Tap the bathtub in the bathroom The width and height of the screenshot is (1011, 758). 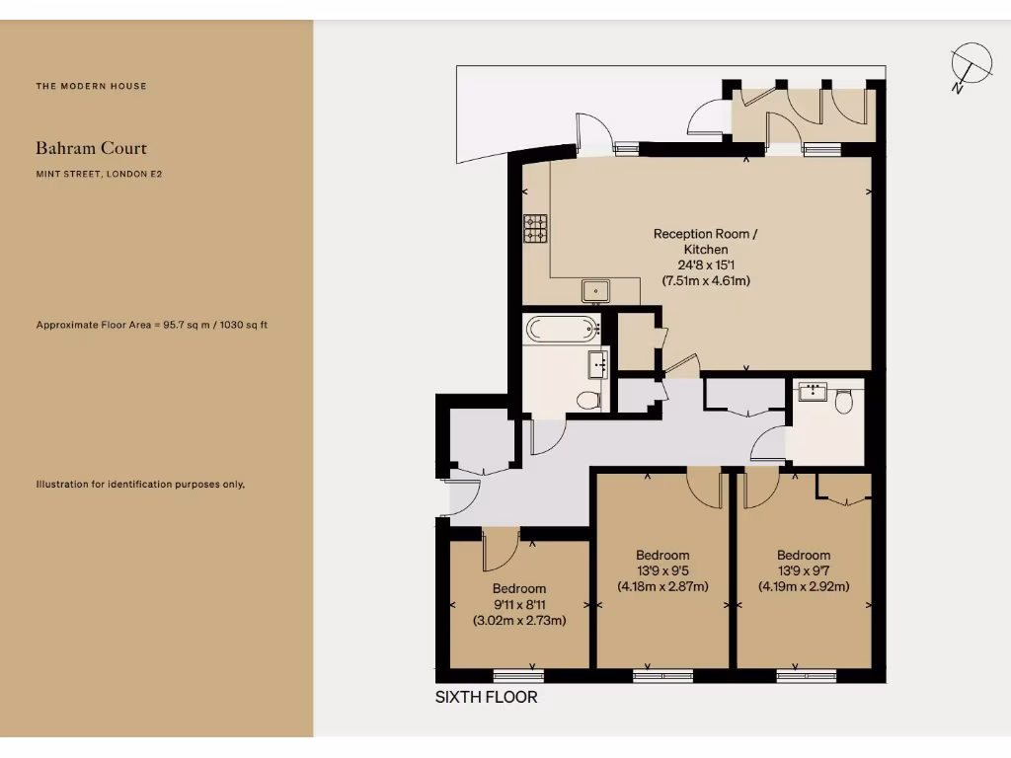561,329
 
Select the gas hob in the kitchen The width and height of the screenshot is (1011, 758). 535,228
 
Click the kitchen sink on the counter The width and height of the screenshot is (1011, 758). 595,290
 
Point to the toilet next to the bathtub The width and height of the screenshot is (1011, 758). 588,400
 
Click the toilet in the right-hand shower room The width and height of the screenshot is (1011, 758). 844,400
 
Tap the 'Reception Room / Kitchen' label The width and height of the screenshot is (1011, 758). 706,242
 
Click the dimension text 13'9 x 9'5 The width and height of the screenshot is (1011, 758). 662,570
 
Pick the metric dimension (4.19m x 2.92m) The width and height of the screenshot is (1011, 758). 804,586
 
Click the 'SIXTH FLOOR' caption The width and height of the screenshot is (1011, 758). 487,697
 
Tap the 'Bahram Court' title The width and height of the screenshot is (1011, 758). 92,148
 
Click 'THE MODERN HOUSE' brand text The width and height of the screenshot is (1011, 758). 91,86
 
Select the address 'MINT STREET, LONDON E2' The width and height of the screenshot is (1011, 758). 99,174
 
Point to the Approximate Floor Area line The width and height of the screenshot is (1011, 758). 152,325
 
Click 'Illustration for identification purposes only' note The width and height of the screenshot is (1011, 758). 140,484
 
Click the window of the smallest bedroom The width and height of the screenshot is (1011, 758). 518,676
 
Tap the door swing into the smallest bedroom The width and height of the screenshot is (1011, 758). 500,550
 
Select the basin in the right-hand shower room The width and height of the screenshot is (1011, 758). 813,392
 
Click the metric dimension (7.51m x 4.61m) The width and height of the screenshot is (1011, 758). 706,281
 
